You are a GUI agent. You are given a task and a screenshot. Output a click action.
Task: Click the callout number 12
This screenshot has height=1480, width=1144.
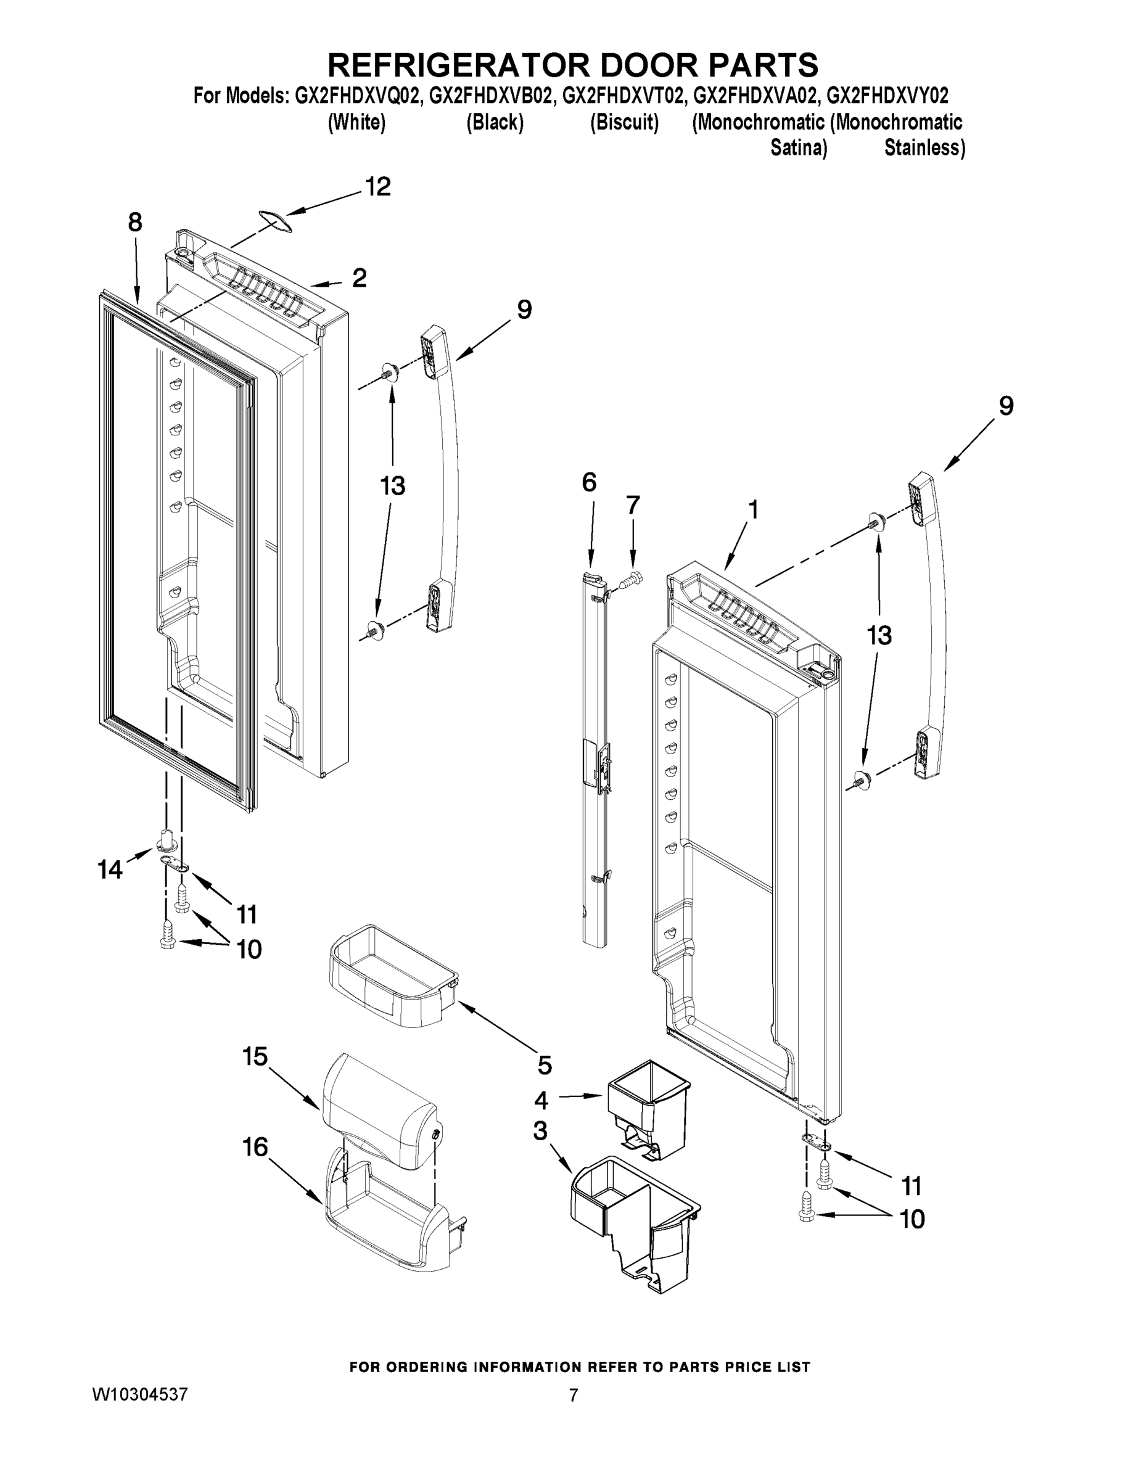[x=378, y=186]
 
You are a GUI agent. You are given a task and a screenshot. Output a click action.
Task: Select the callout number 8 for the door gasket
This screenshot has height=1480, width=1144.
[x=135, y=221]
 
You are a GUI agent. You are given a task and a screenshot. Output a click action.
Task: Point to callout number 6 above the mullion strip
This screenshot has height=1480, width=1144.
[x=589, y=482]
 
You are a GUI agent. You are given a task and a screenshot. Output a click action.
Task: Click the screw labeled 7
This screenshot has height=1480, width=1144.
[x=630, y=580]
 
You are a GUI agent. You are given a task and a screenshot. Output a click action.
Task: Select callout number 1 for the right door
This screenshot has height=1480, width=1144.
[x=752, y=509]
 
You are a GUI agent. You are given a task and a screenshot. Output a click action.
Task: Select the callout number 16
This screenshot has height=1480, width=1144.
[x=255, y=1146]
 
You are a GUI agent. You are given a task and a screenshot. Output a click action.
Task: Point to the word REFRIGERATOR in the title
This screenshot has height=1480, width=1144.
[x=456, y=66]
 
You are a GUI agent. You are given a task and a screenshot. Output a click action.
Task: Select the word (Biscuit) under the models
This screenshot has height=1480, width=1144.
[x=623, y=123]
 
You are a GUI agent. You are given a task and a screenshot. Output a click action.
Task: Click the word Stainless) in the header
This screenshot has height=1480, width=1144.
[x=924, y=148]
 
